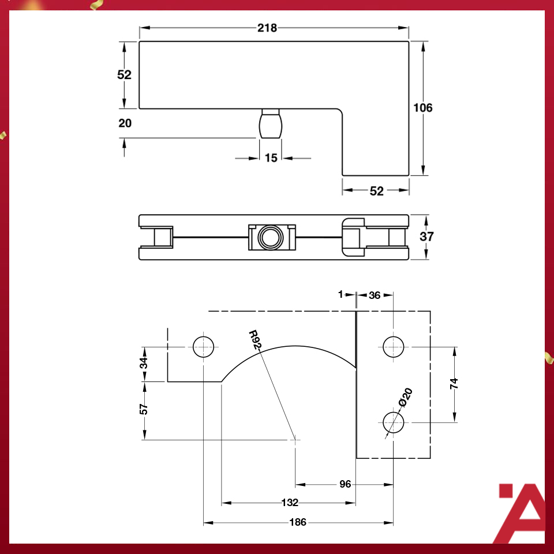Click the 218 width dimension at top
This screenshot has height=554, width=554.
pos(267,28)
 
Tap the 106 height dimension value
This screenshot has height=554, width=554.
pos(423,108)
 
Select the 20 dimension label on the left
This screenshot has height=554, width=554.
pos(125,123)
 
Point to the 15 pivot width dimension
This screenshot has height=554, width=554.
pos(271,158)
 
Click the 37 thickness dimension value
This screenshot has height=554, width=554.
pos(427,237)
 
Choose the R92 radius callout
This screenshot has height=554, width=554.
pos(256,340)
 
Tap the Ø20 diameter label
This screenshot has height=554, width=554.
pos(406,398)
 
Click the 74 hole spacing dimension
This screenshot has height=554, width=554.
pos(454,384)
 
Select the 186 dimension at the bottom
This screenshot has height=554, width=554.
pos(298,523)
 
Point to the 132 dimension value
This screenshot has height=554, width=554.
pos(289,503)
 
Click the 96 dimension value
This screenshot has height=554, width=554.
pos(345,484)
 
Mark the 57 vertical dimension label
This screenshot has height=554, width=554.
pos(144,409)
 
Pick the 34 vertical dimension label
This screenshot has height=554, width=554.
pos(144,363)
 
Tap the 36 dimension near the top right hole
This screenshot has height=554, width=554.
pos(374,295)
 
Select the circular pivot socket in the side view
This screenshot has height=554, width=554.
pos(270,237)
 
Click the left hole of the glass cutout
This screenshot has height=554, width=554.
pos(203,347)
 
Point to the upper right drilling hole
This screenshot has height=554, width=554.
pos(394,347)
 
